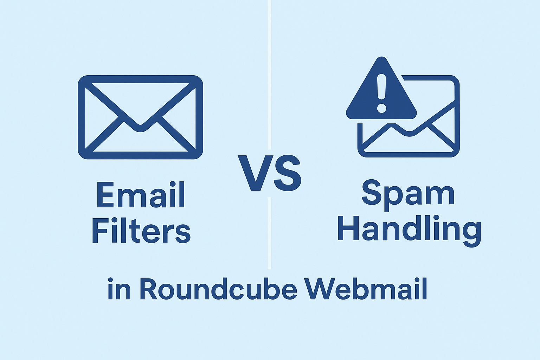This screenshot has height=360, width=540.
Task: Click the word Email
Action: [x=141, y=194]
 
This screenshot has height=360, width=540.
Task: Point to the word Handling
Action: [x=409, y=230]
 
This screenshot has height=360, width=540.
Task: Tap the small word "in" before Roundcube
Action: [x=119, y=289]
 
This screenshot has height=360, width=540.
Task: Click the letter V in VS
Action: [x=256, y=173]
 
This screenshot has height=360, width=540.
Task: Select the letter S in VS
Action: [x=287, y=173]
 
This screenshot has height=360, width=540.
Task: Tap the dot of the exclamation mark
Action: [x=381, y=108]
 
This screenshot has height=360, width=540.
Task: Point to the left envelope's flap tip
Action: [x=140, y=128]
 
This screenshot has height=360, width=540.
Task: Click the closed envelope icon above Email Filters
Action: [x=140, y=117]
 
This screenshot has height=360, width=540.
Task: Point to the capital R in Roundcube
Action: [x=149, y=289]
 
